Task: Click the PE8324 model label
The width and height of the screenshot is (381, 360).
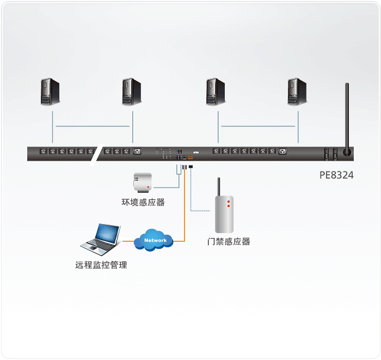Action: pos(336,175)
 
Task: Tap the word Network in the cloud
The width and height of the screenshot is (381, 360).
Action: pos(156,240)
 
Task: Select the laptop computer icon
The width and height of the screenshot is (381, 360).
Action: pos(101,240)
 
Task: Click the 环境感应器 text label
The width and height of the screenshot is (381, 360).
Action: pos(143,202)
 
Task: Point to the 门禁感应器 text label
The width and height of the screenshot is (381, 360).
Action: pos(229,241)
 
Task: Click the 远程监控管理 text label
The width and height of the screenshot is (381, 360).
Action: pos(101,265)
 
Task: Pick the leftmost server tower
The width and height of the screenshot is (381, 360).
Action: pos(50,91)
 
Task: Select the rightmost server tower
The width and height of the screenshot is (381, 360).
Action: pos(297,91)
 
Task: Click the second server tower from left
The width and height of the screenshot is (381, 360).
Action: pos(132,91)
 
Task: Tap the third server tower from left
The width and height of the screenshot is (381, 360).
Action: pos(216,91)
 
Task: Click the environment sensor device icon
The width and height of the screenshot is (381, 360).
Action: pos(143,182)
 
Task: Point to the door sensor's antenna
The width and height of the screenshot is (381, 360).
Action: pos(218,187)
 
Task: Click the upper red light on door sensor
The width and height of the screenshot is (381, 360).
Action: pos(229,202)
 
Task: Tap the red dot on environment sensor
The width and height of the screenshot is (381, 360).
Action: pos(148,187)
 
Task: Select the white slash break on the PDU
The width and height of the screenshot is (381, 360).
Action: pos(96,155)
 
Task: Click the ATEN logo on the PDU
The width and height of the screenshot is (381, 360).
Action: pos(196,152)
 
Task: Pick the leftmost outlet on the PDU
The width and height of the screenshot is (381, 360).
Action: pos(43,151)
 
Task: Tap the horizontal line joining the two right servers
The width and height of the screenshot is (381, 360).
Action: pos(258,126)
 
